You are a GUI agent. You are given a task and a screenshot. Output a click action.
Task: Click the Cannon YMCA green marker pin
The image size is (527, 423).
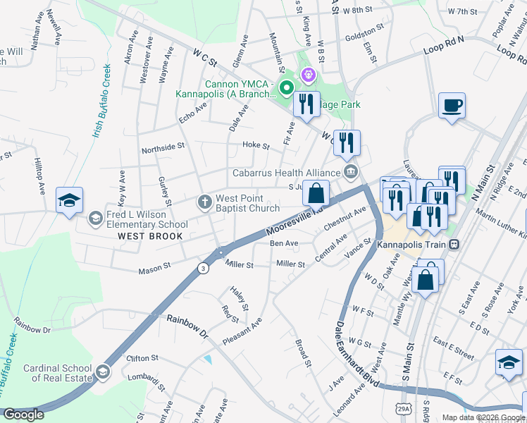[286, 88]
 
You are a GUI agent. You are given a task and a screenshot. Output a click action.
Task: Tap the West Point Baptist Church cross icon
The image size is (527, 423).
[205, 203]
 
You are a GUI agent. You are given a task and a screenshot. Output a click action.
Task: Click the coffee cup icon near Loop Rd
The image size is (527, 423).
[451, 107]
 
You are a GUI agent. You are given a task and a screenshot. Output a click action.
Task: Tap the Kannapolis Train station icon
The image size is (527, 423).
[454, 244]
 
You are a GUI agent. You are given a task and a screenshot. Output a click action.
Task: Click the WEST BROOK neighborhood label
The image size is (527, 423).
[150, 236]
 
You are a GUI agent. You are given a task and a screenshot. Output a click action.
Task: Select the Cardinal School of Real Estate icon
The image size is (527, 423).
[103, 372]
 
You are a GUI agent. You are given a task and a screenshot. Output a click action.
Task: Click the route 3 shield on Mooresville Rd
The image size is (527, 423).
[203, 268]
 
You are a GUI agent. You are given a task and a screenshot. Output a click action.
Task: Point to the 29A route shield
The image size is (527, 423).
[402, 409]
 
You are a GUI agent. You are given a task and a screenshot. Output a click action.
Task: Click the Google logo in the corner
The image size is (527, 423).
[23, 415]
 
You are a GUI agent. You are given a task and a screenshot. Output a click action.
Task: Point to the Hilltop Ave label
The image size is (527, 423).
[39, 180]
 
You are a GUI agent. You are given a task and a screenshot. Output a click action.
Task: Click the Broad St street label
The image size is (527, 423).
[303, 353]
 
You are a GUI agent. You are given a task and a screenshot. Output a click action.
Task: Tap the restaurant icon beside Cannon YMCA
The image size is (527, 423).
[306, 105]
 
